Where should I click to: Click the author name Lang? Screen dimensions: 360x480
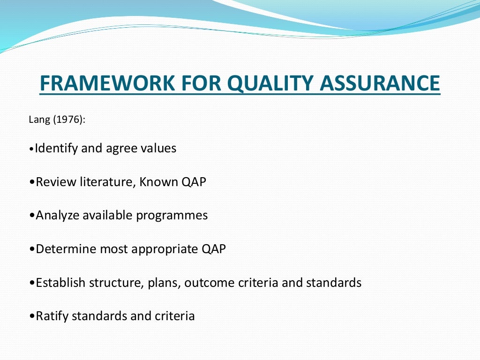39,120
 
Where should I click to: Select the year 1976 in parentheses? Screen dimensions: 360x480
68,120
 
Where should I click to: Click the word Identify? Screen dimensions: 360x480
57,149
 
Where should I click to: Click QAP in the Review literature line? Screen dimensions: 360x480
194,182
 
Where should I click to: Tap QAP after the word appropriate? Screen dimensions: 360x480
214,249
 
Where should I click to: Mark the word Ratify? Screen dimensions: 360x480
50,316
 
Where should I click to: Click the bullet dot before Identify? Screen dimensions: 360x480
31,150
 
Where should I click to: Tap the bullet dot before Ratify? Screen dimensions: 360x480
32,317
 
